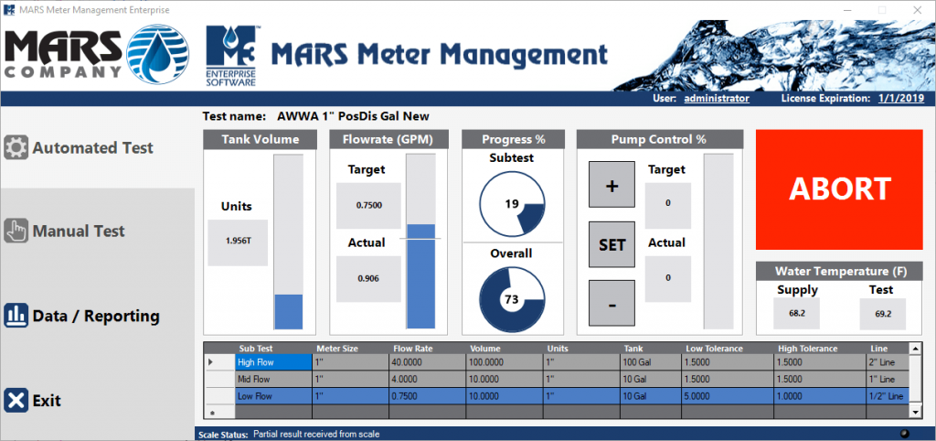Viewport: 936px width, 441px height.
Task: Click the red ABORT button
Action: click(x=839, y=189)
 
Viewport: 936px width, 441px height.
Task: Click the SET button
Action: click(x=612, y=244)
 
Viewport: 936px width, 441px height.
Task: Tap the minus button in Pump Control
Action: click(x=612, y=303)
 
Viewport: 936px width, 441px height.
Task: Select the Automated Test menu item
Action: click(x=79, y=147)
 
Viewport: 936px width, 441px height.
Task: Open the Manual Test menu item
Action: click(x=65, y=231)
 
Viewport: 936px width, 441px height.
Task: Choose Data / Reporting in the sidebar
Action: click(x=81, y=316)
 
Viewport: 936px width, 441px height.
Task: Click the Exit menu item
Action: click(x=33, y=400)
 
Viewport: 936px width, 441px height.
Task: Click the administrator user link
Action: click(x=717, y=99)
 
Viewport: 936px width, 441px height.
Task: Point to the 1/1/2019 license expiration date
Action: click(x=901, y=99)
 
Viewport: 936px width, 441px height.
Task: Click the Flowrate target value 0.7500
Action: click(x=369, y=206)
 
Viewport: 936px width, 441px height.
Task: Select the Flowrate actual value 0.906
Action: click(x=369, y=279)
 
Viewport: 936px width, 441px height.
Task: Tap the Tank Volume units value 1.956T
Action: click(x=238, y=242)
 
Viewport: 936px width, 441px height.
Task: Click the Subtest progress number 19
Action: click(x=512, y=204)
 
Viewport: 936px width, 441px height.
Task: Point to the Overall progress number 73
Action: click(x=512, y=299)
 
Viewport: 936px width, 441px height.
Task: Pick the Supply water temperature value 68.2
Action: click(x=797, y=313)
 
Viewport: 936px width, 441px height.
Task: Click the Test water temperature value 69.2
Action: click(x=883, y=313)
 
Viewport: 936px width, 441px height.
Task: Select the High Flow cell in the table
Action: click(x=273, y=362)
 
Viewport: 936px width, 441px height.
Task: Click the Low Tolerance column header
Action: click(x=714, y=349)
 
